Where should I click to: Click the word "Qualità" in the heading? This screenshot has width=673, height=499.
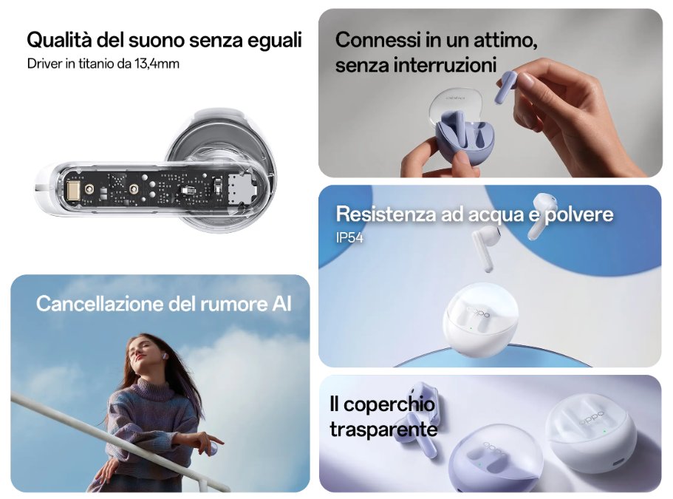click(x=59, y=41)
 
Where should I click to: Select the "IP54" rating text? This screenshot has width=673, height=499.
click(x=349, y=237)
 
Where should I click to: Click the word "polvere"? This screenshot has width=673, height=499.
click(x=579, y=214)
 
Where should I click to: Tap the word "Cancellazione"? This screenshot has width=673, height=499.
click(x=100, y=304)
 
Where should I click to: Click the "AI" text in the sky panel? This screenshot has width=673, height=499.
click(x=281, y=304)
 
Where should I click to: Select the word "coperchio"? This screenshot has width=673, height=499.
click(x=389, y=405)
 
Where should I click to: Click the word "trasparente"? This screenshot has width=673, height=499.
click(x=383, y=430)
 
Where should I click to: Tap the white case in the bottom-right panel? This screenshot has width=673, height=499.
click(x=592, y=435)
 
